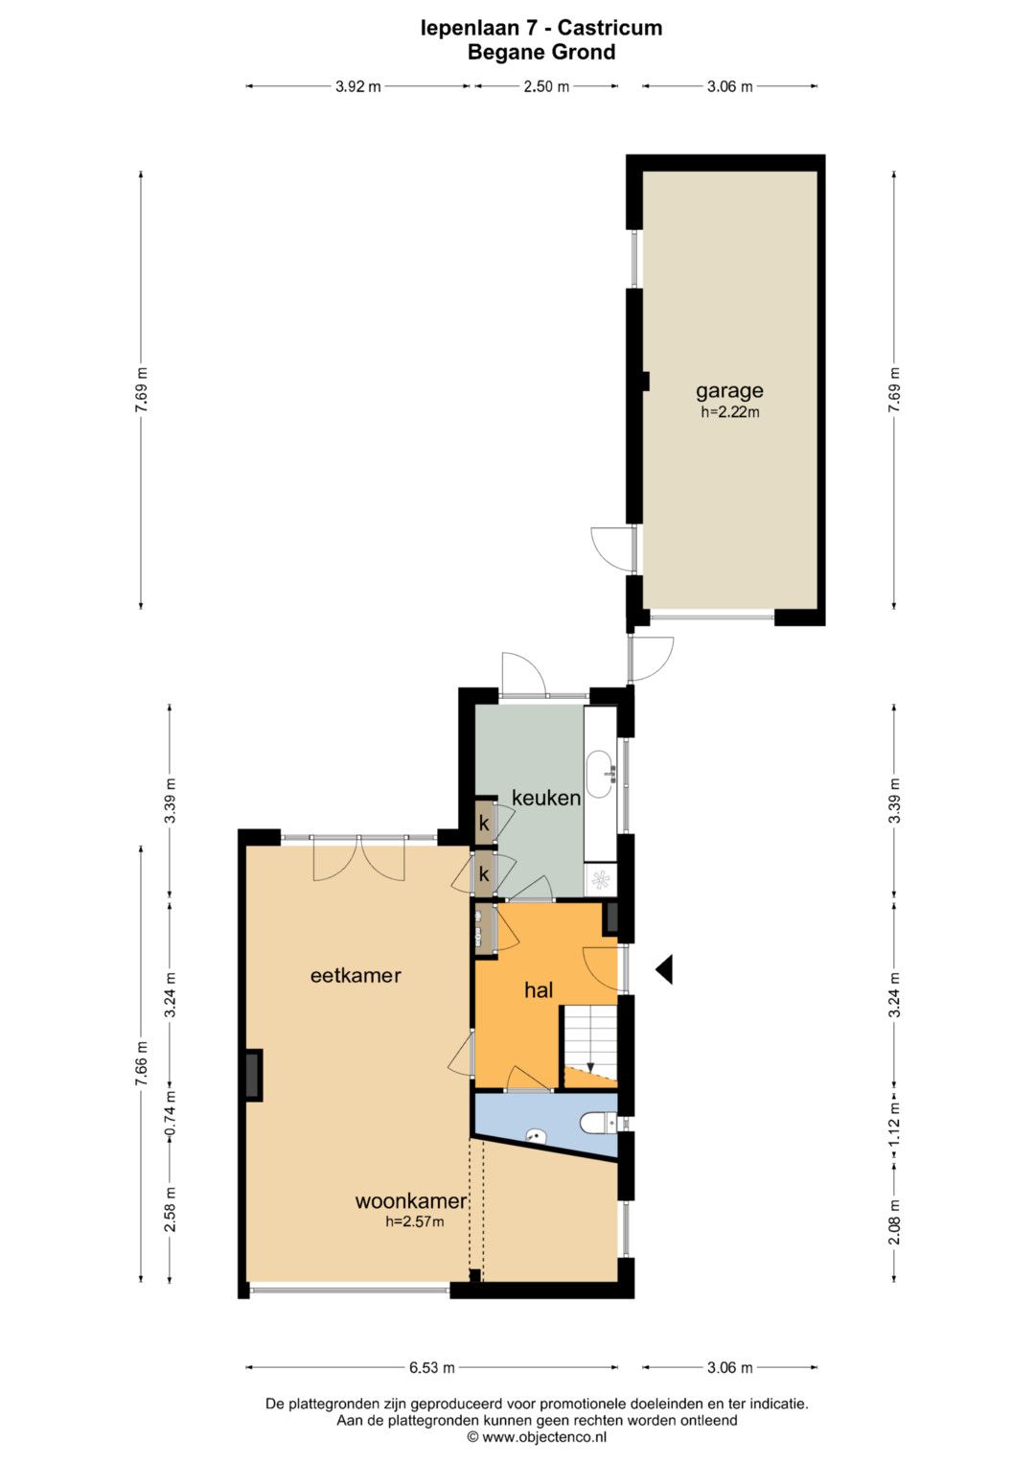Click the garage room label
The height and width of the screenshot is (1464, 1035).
click(x=729, y=391)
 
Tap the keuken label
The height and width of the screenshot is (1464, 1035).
click(x=545, y=798)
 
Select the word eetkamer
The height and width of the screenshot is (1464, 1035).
click(x=356, y=976)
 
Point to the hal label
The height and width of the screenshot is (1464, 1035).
click(x=539, y=990)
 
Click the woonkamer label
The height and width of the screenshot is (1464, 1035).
click(x=411, y=1200)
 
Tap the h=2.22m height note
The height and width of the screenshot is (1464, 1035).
click(x=730, y=412)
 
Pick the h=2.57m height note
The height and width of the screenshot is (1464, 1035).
click(x=414, y=1220)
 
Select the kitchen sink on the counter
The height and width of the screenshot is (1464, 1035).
click(x=600, y=775)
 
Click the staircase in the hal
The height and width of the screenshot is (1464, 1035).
click(x=590, y=1047)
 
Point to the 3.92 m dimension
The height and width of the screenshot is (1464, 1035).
click(x=358, y=86)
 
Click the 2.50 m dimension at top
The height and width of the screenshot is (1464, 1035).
click(x=546, y=86)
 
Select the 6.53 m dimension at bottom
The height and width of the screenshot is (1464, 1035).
click(x=432, y=1367)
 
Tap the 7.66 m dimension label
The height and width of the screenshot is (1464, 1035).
click(x=141, y=1064)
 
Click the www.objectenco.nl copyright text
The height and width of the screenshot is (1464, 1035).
click(x=537, y=1437)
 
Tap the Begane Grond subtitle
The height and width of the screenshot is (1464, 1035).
click(x=541, y=53)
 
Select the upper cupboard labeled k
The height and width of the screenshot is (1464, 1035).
click(x=484, y=823)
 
